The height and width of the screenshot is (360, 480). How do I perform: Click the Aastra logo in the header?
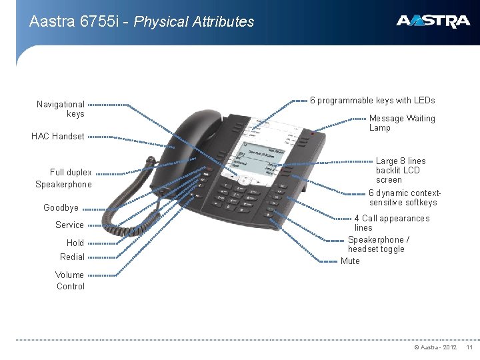(433, 21)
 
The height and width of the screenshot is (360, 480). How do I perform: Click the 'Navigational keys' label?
(61, 109)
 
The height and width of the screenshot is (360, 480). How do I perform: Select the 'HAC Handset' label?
(58, 137)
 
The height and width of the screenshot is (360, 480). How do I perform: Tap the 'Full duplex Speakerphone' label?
(64, 178)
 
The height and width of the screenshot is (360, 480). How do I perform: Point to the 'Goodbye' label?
(61, 207)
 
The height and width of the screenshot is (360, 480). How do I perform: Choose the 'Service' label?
(69, 225)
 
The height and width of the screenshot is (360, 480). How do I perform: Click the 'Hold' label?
(75, 243)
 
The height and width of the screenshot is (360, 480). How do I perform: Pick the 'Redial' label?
(72, 257)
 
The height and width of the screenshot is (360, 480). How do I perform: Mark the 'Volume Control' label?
(70, 281)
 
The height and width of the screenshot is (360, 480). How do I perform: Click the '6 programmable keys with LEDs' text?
(373, 100)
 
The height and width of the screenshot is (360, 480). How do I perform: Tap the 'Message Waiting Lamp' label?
(401, 123)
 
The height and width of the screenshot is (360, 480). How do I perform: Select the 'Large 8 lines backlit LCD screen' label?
(400, 170)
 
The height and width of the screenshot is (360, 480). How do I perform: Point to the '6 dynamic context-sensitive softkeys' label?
(405, 197)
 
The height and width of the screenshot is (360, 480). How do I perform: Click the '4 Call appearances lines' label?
(391, 223)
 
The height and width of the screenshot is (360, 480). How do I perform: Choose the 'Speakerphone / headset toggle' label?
(378, 244)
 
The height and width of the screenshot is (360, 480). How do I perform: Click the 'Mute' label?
(350, 261)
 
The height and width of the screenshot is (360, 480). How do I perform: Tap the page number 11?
(469, 347)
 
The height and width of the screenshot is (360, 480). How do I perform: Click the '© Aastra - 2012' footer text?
(435, 347)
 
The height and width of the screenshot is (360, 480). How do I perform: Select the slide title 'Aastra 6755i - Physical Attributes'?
(142, 21)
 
